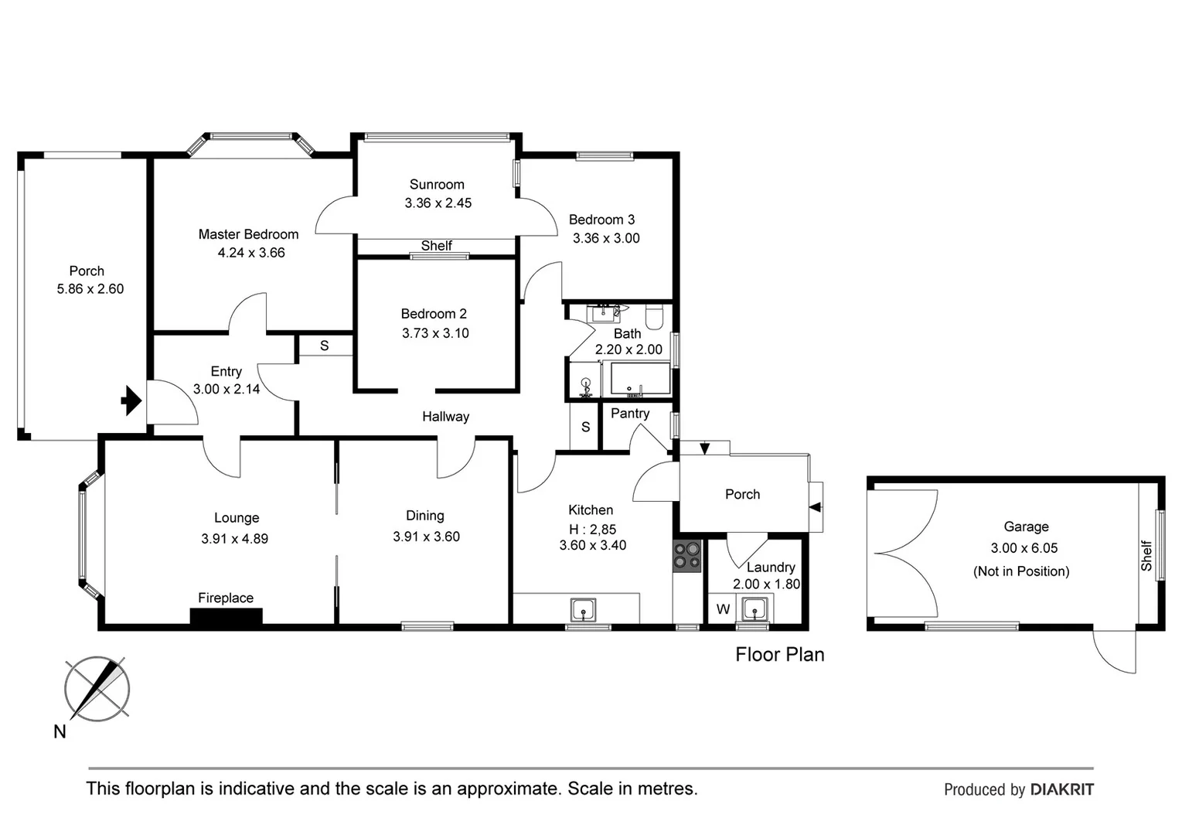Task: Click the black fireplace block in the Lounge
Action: (x=226, y=616)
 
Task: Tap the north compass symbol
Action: (x=97, y=689)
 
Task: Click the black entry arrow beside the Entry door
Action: (x=131, y=401)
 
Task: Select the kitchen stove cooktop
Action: (x=686, y=556)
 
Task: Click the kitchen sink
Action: (x=583, y=609)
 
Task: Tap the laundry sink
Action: (x=754, y=609)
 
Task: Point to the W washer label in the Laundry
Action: (x=723, y=609)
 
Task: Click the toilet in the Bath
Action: (x=655, y=316)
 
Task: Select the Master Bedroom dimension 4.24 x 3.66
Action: (x=251, y=253)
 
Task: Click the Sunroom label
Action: (x=437, y=185)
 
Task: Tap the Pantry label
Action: (x=630, y=414)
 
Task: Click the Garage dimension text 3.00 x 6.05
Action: (x=1024, y=548)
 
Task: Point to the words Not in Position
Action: (x=1021, y=571)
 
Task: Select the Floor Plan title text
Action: (x=779, y=655)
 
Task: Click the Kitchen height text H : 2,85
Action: (x=592, y=530)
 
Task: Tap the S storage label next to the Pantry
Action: (x=585, y=427)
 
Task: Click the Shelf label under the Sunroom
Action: (x=436, y=246)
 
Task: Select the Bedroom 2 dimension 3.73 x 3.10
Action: (x=435, y=333)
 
